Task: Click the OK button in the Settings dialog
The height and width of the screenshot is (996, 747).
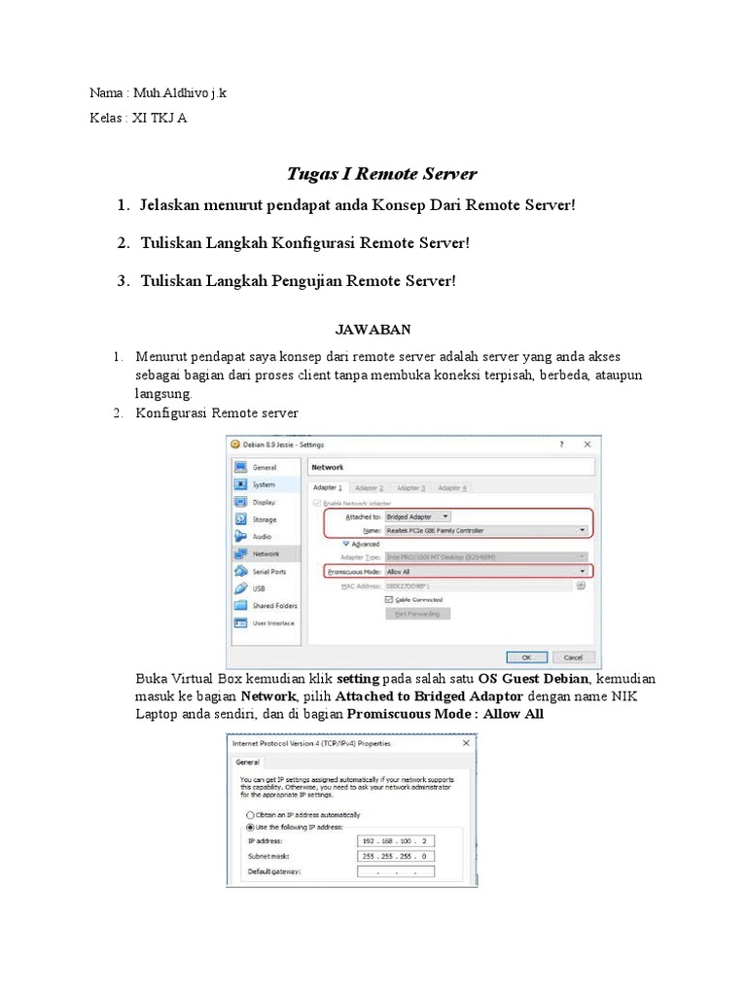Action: point(526,657)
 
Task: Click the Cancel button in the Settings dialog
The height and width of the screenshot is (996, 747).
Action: point(573,657)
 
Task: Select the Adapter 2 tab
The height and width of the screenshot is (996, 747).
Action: point(369,487)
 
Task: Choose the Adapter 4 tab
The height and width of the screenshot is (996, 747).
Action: point(451,487)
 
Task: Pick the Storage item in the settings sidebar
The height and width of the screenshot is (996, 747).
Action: point(264,519)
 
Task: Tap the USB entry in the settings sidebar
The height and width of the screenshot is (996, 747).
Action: point(258,588)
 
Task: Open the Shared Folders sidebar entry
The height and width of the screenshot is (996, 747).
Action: point(274,605)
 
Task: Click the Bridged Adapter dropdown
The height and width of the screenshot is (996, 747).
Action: point(417,516)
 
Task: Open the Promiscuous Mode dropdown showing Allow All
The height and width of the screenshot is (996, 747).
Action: point(486,571)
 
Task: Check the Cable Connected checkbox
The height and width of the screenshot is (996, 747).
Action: point(390,599)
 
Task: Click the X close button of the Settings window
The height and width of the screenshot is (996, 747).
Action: point(587,445)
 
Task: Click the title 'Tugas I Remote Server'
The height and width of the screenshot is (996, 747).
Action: point(381,174)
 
